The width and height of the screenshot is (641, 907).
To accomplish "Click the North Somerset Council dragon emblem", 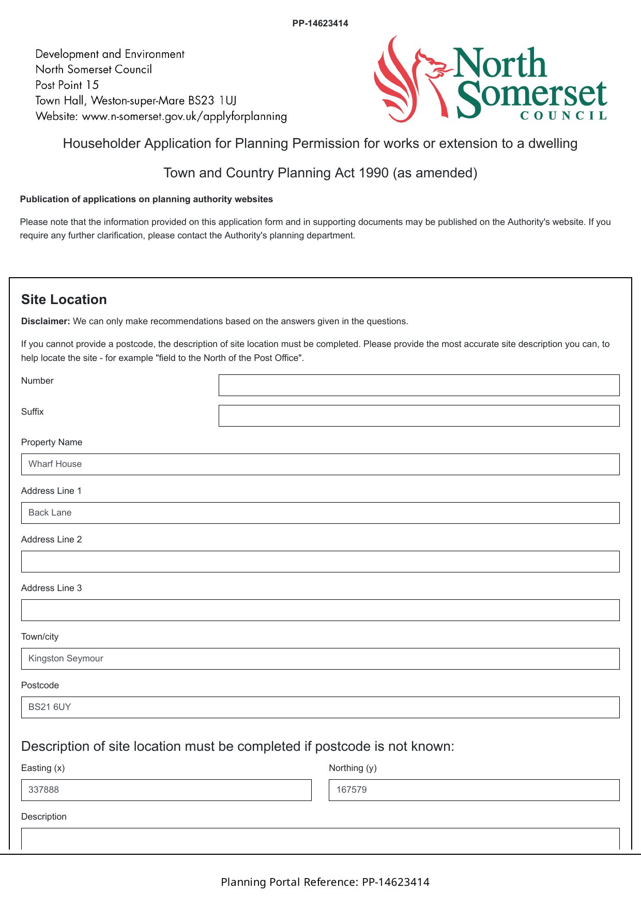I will click(x=408, y=80).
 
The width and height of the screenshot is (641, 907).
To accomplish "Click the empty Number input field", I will click(x=419, y=385).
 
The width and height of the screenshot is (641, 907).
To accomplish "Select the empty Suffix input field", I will click(x=419, y=416).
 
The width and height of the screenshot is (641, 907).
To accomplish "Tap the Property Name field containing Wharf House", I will click(x=320, y=464).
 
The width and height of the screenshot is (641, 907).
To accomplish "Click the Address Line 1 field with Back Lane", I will click(x=320, y=513).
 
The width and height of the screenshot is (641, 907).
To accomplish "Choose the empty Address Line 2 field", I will click(x=320, y=562).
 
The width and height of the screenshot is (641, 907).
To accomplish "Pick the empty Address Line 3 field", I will click(x=320, y=610).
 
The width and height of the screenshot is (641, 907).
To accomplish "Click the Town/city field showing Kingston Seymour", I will click(x=320, y=659).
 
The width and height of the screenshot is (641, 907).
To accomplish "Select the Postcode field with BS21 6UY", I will click(x=320, y=707).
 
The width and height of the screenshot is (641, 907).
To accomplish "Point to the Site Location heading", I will click(x=64, y=299).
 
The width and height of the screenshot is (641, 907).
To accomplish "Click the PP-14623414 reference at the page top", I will click(x=320, y=23).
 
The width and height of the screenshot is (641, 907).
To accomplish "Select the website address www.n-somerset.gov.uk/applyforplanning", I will click(x=185, y=116).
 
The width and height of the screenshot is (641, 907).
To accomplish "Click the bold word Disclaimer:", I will click(x=45, y=321).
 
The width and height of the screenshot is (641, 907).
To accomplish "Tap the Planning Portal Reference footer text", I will click(x=325, y=882).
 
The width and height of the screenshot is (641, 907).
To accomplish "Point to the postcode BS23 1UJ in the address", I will click(x=212, y=100).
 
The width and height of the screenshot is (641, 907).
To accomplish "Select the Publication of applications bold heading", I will click(x=146, y=199).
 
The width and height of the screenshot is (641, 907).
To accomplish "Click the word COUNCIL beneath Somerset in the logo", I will click(x=563, y=116).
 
